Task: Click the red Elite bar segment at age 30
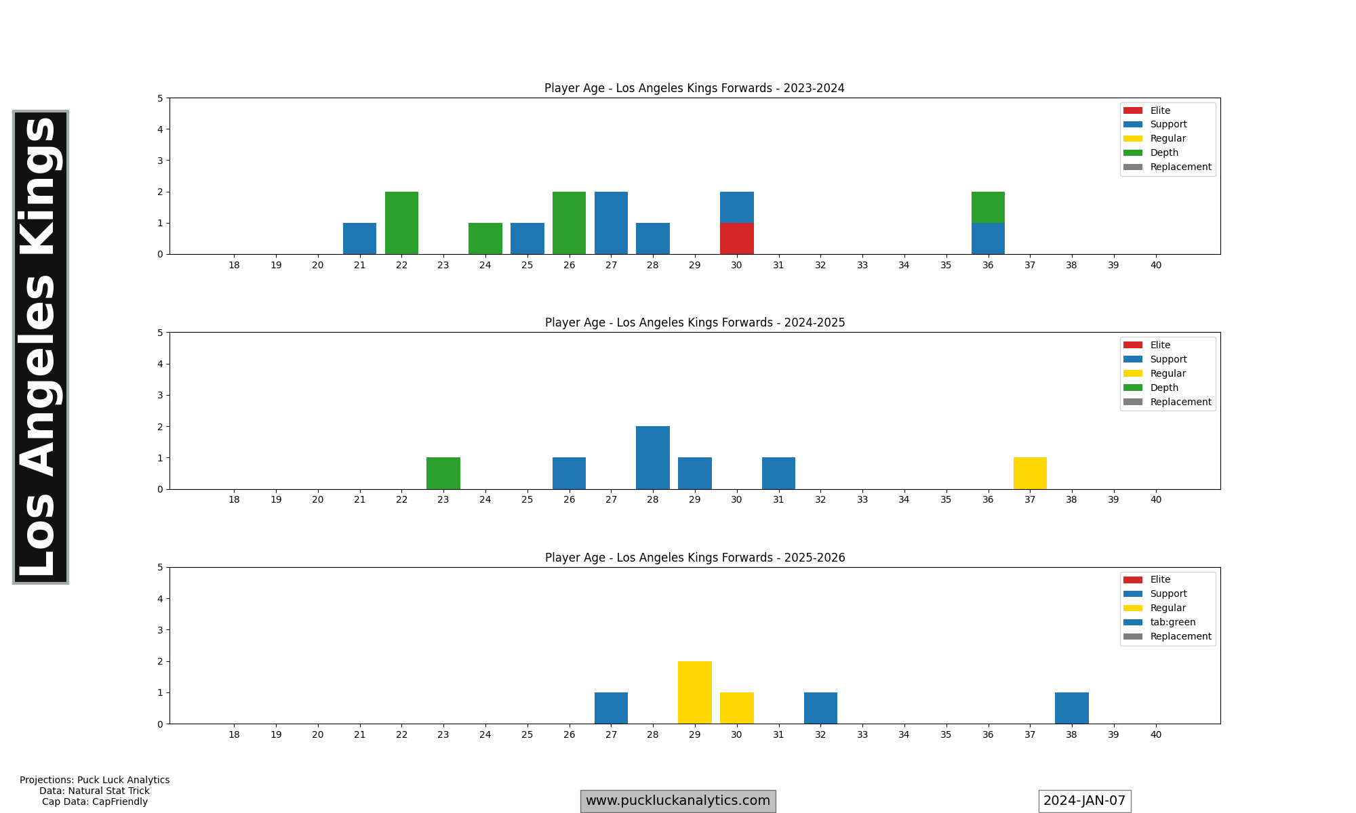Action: point(736,238)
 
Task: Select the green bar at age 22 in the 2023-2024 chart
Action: point(401,223)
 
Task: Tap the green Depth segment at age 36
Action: point(988,207)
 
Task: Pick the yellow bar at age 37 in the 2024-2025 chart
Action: point(1030,474)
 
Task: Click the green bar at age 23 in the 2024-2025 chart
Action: point(443,474)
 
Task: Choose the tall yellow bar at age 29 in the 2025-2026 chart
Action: point(694,692)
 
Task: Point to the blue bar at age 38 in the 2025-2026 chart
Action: point(1071,708)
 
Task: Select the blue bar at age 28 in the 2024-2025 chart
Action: point(652,458)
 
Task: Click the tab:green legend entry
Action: point(1172,622)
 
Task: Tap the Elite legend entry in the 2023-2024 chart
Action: point(1159,110)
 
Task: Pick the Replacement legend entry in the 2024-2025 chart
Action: point(1180,402)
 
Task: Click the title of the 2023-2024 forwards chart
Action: point(694,88)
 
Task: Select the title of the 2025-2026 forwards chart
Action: point(695,558)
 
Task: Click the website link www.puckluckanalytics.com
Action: point(678,801)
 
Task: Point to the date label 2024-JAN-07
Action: point(1084,801)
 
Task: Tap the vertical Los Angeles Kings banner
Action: point(41,347)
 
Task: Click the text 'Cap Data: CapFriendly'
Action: point(94,802)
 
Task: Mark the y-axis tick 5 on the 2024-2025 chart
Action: point(160,333)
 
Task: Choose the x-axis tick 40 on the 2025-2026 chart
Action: point(1155,734)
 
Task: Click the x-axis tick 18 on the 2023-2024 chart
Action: point(234,265)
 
